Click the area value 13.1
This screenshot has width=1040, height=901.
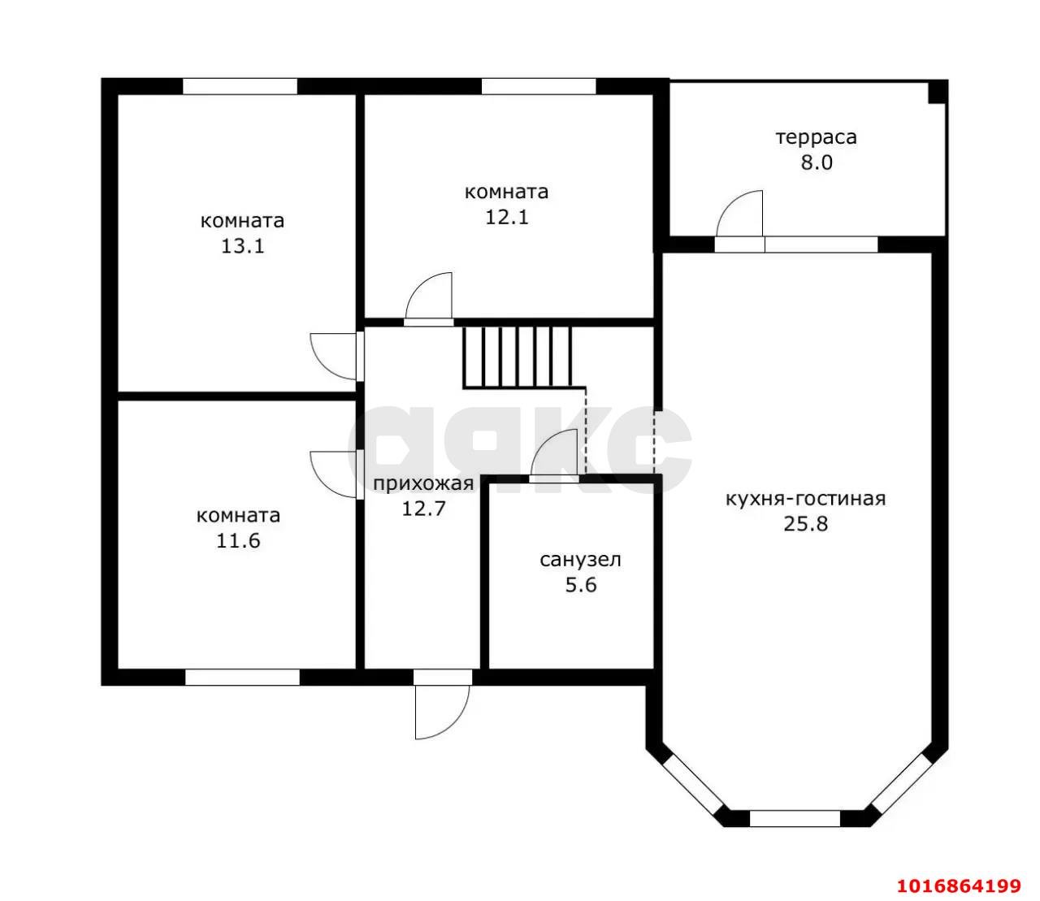(x=243, y=246)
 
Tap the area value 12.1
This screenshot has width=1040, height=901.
(x=507, y=217)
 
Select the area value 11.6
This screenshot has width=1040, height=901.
(x=239, y=541)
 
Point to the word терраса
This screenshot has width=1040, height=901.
(x=816, y=137)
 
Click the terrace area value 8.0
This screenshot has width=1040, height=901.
(x=816, y=162)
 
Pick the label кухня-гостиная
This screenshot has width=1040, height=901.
(x=805, y=499)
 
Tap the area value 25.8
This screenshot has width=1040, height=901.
(x=805, y=524)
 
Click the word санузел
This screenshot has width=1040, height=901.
(x=580, y=560)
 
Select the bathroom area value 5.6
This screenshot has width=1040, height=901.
(x=581, y=585)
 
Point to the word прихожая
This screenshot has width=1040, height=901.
(x=423, y=484)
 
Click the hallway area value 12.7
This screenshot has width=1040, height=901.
(x=423, y=509)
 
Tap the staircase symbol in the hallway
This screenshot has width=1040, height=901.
(x=518, y=358)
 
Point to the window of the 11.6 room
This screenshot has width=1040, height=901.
(x=242, y=677)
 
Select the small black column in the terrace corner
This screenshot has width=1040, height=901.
(x=938, y=92)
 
